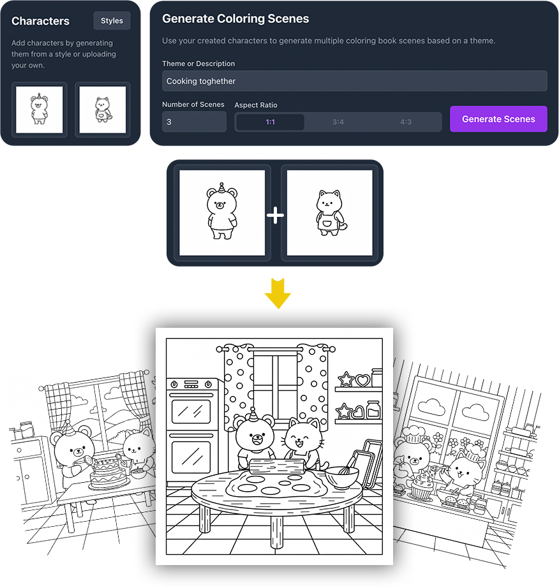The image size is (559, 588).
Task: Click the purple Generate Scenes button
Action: tap(498, 119)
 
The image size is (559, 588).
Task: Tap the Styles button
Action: tap(112, 20)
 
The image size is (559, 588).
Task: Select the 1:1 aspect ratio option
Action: tap(270, 122)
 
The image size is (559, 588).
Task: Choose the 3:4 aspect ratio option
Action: tap(338, 122)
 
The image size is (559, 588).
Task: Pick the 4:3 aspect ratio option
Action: tap(406, 122)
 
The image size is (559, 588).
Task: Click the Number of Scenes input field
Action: tap(194, 122)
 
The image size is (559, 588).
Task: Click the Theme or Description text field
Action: tap(355, 81)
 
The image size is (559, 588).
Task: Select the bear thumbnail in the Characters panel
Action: tap(40, 110)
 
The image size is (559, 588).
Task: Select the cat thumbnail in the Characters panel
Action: tap(103, 110)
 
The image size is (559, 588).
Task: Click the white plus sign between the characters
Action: tap(276, 216)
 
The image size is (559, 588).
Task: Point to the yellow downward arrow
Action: tap(278, 293)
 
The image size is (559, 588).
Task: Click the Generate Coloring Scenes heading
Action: tap(235, 18)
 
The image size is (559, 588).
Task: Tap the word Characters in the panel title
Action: tap(40, 21)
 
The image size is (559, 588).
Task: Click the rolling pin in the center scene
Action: tap(277, 466)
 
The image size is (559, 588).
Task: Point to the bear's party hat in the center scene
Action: tap(253, 415)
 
